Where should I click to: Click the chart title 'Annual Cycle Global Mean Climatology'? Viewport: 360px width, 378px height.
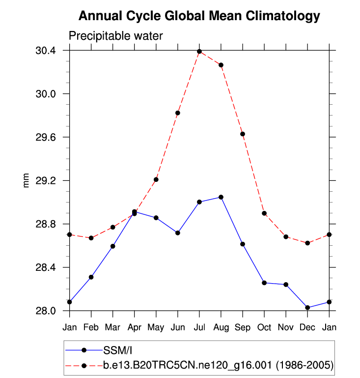click(199, 16)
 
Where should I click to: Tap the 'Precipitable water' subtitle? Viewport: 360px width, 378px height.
click(115, 36)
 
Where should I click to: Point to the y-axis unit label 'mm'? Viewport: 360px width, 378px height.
click(27, 180)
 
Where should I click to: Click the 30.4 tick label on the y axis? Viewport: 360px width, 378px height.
click(45, 51)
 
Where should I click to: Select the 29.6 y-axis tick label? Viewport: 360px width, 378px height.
click(45, 137)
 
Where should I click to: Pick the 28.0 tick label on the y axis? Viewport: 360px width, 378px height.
click(45, 311)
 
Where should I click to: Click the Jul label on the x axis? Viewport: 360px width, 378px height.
click(199, 326)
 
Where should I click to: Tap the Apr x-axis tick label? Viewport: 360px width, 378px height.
click(134, 326)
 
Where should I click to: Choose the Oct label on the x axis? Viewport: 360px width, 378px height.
click(264, 326)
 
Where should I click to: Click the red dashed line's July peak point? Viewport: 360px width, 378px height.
click(199, 52)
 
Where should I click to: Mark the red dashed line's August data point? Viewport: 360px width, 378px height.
click(221, 65)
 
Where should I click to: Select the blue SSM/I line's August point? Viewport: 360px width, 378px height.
click(221, 197)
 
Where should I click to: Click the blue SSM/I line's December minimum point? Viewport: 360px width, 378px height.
click(307, 308)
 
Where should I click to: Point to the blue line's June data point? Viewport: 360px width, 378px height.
click(178, 233)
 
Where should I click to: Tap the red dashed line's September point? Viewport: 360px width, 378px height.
click(243, 134)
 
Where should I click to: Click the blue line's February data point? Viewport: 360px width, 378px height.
click(91, 277)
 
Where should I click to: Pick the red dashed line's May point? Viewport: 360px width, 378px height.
click(156, 179)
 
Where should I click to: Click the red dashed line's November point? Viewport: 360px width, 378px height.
click(286, 237)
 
